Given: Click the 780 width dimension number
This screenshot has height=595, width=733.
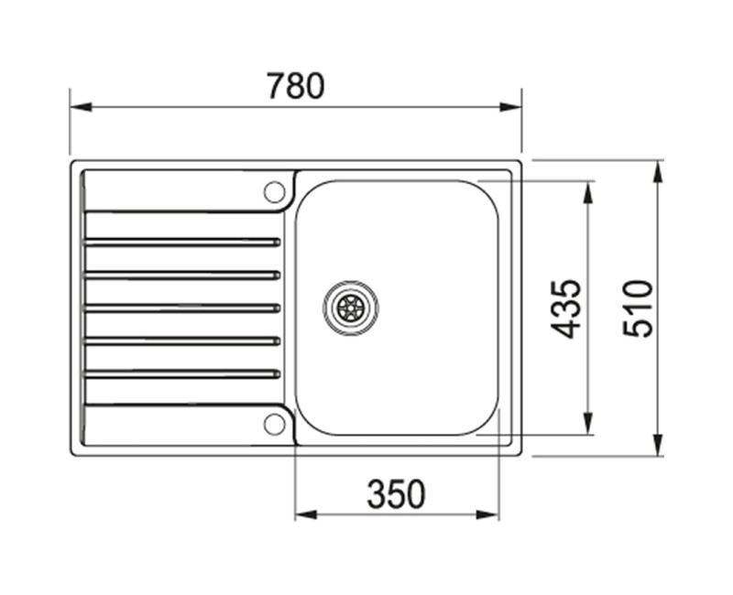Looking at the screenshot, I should [295, 86].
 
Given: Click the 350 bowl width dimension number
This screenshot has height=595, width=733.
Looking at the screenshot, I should [396, 495].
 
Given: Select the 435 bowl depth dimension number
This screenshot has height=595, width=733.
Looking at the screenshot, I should [569, 308].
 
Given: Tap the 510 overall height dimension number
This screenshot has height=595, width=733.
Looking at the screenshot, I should [639, 308].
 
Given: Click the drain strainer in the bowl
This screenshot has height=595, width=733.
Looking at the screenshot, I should [350, 307].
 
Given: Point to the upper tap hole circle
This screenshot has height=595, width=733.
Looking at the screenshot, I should [273, 191].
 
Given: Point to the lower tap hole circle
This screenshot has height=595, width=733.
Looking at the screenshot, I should [273, 423].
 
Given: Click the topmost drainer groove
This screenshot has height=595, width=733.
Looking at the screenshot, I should [181, 242].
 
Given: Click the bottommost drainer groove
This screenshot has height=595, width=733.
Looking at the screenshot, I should [181, 373].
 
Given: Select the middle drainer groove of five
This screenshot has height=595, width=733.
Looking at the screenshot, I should [181, 308].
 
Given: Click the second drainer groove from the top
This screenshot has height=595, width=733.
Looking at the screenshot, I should [181, 275].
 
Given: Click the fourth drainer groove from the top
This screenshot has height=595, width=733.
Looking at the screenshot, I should [181, 341].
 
